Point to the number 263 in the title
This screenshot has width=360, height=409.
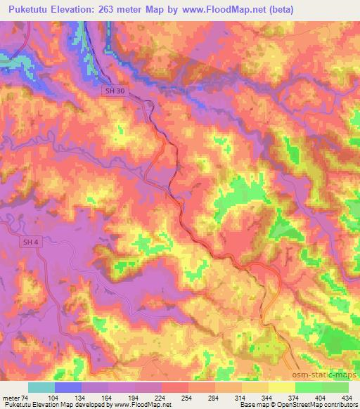click(x=124, y=9)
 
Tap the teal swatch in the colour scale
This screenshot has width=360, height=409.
click(x=41, y=387)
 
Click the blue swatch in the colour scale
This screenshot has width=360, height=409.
click(x=69, y=387)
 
